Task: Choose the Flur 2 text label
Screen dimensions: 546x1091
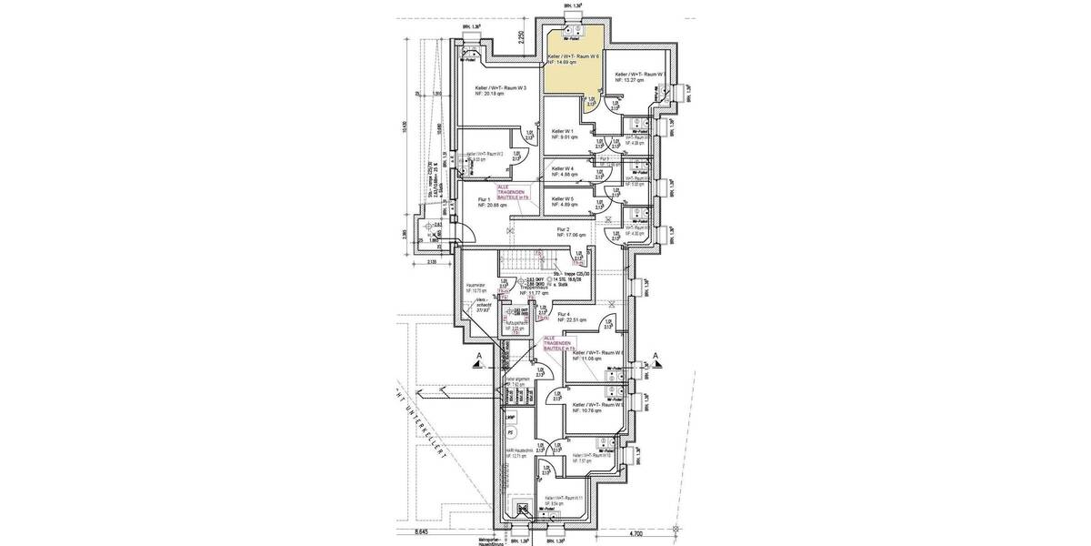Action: (564, 230)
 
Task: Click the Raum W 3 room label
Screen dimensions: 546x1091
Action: (501, 88)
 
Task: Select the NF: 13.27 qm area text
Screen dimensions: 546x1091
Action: (629, 81)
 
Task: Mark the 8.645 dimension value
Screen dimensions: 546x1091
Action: (420, 531)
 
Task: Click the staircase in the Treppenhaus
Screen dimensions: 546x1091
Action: (517, 264)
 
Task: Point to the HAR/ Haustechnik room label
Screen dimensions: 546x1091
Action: (515, 451)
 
